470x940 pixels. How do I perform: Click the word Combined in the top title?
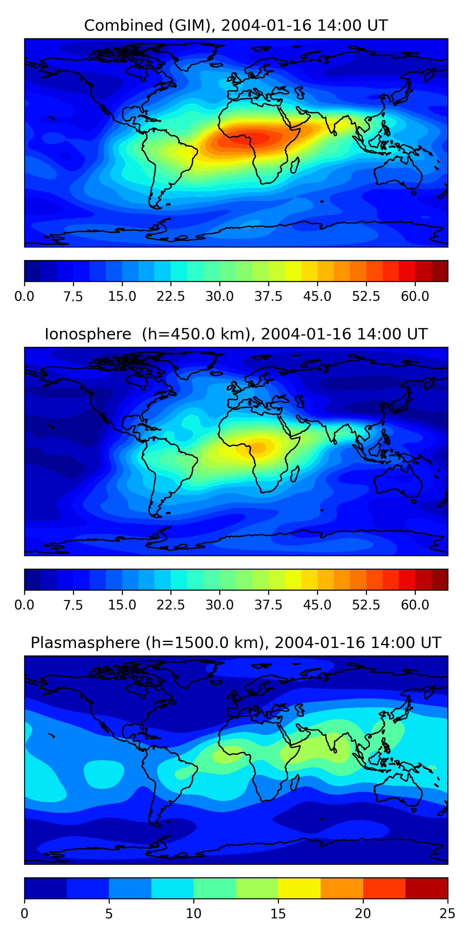(x=123, y=26)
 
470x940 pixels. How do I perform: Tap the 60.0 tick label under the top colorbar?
(x=415, y=296)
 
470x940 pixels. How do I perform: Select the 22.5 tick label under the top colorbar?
(x=171, y=296)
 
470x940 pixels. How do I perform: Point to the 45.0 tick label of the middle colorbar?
(x=317, y=605)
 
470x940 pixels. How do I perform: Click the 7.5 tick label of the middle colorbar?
(x=73, y=605)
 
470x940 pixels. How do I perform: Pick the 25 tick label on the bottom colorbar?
(x=447, y=914)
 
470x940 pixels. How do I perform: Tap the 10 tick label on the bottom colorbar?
(x=193, y=914)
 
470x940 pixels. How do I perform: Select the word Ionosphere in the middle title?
(x=88, y=334)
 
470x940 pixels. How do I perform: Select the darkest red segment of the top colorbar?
(x=439, y=271)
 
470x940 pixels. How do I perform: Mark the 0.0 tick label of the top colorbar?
(x=24, y=296)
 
